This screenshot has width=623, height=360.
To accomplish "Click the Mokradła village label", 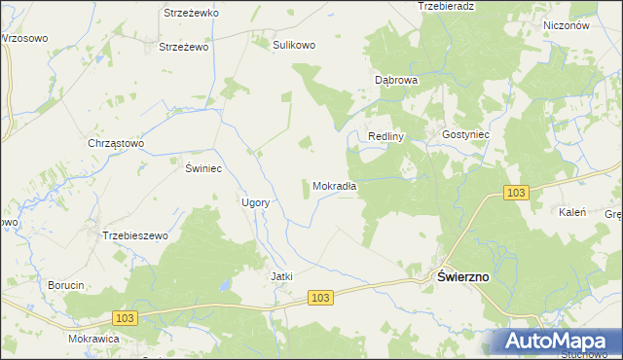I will [334, 186].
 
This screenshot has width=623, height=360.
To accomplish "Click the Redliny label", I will [385, 136].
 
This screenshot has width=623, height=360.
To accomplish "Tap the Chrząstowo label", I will [116, 143].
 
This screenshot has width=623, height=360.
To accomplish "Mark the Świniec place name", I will [204, 168].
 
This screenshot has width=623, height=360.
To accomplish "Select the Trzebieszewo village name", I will [136, 235].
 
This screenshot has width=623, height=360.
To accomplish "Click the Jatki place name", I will [281, 276].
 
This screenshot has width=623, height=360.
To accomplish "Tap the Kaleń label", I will [569, 211].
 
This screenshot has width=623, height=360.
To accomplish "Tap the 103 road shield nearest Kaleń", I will [517, 194].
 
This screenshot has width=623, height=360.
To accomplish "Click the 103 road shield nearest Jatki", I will [323, 297].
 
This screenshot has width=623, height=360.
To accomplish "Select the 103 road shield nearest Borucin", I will [124, 318].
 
